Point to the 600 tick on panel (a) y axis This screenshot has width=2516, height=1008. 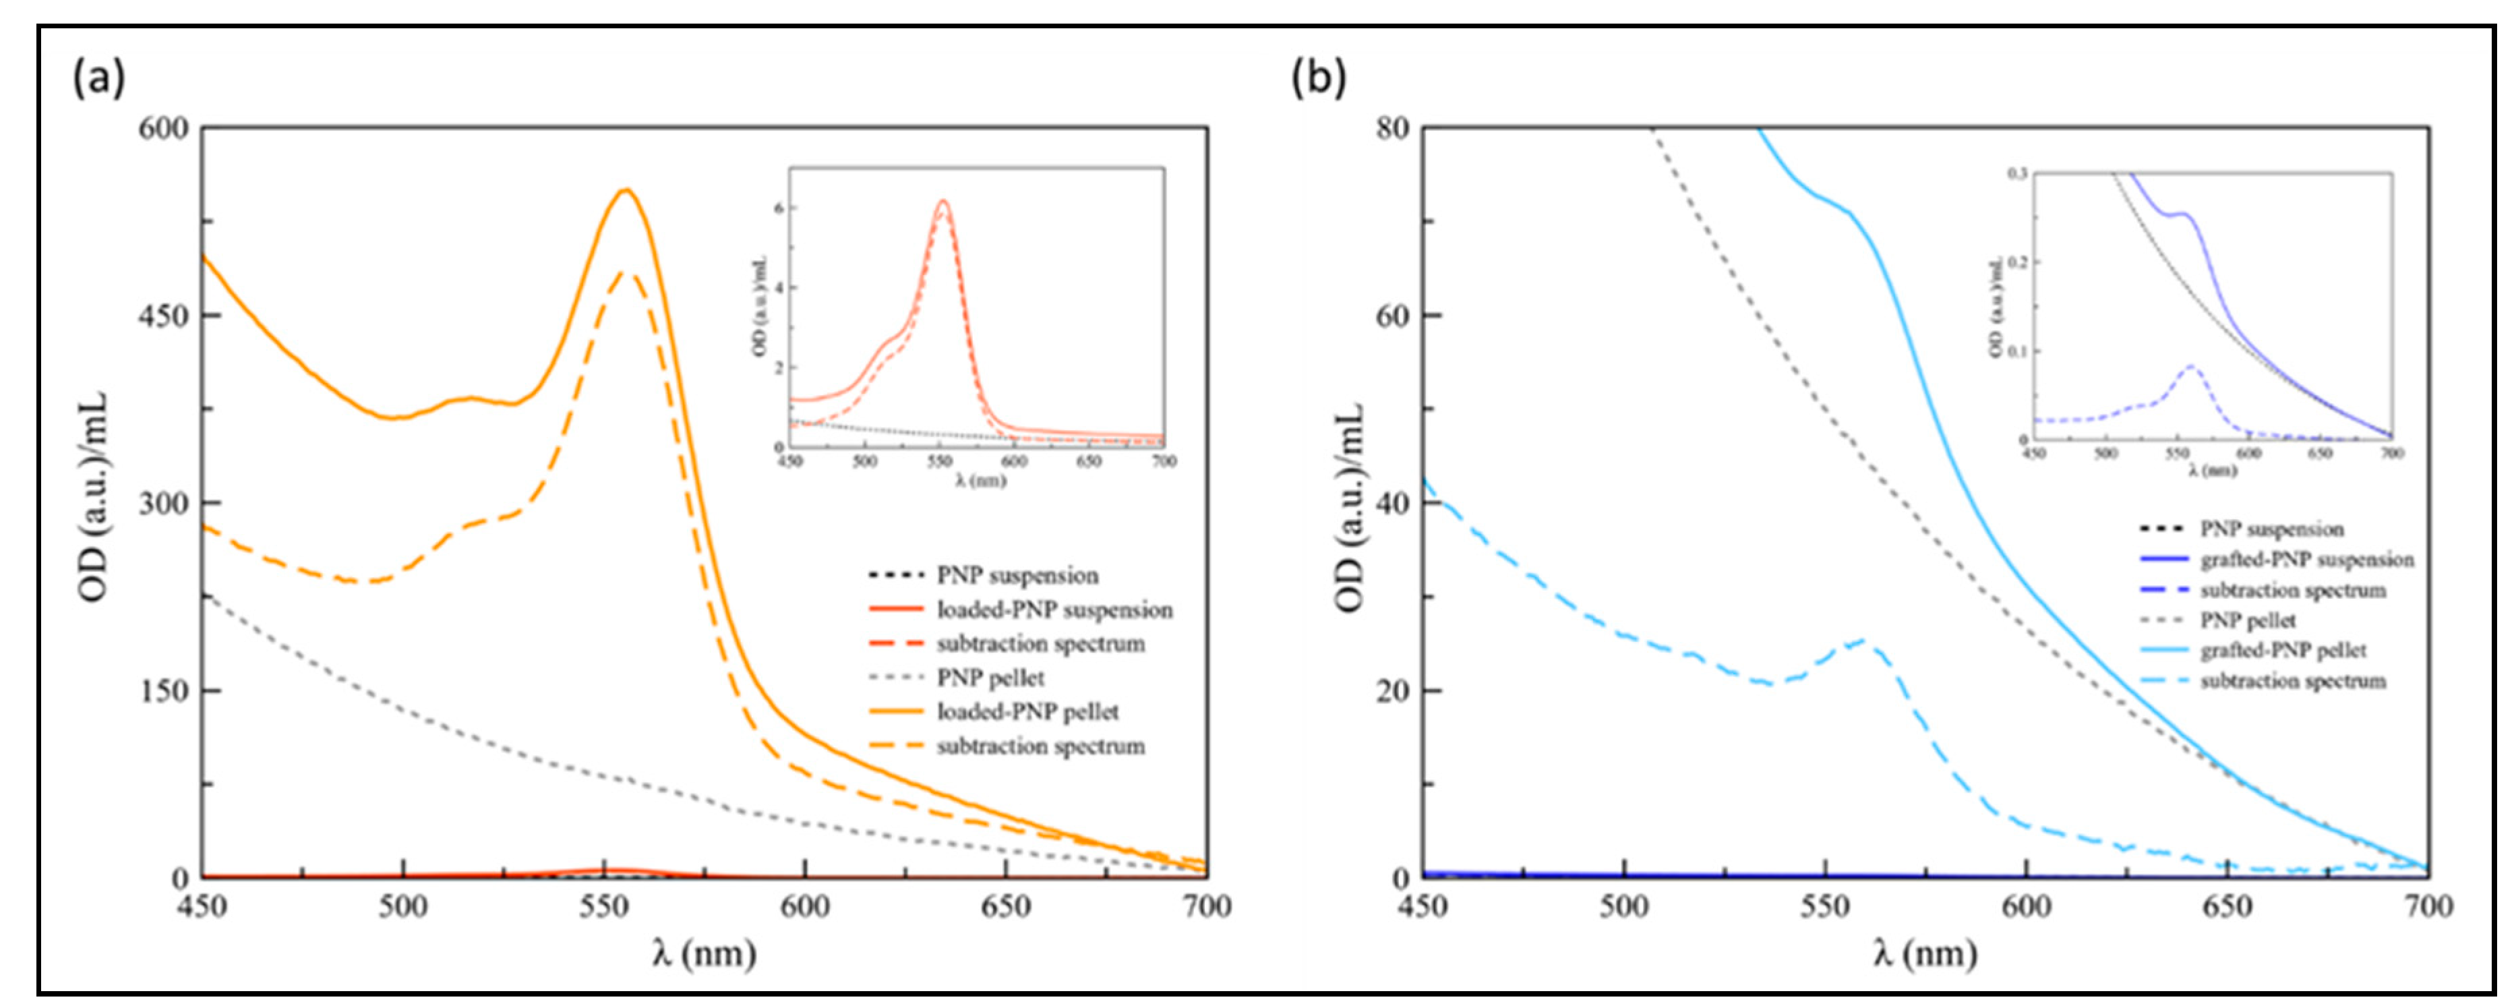coord(168,128)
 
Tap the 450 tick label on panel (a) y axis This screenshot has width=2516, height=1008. coord(168,316)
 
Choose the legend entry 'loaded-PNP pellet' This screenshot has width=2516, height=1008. coord(1027,712)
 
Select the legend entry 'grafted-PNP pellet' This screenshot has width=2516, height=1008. coord(2283,651)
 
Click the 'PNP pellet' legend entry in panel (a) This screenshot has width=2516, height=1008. coord(990,678)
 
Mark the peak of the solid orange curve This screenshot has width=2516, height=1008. coord(626,189)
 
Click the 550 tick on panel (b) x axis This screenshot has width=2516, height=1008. coord(1824,906)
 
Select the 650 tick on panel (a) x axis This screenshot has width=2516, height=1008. coord(1005,906)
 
